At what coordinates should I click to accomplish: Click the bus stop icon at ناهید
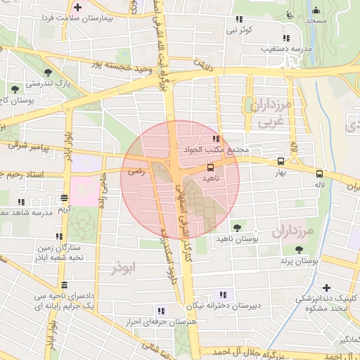210,167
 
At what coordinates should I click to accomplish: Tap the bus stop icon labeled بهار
281,161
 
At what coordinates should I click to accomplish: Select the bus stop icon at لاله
320,173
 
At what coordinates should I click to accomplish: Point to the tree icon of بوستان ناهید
237,227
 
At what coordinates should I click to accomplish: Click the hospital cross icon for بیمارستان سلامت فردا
78,8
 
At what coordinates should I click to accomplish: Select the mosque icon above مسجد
316,10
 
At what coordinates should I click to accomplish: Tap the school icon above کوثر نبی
285,38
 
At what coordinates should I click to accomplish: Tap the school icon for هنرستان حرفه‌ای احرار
161,311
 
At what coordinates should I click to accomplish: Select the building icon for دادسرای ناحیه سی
65,285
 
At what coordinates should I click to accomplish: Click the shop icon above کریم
64,198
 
